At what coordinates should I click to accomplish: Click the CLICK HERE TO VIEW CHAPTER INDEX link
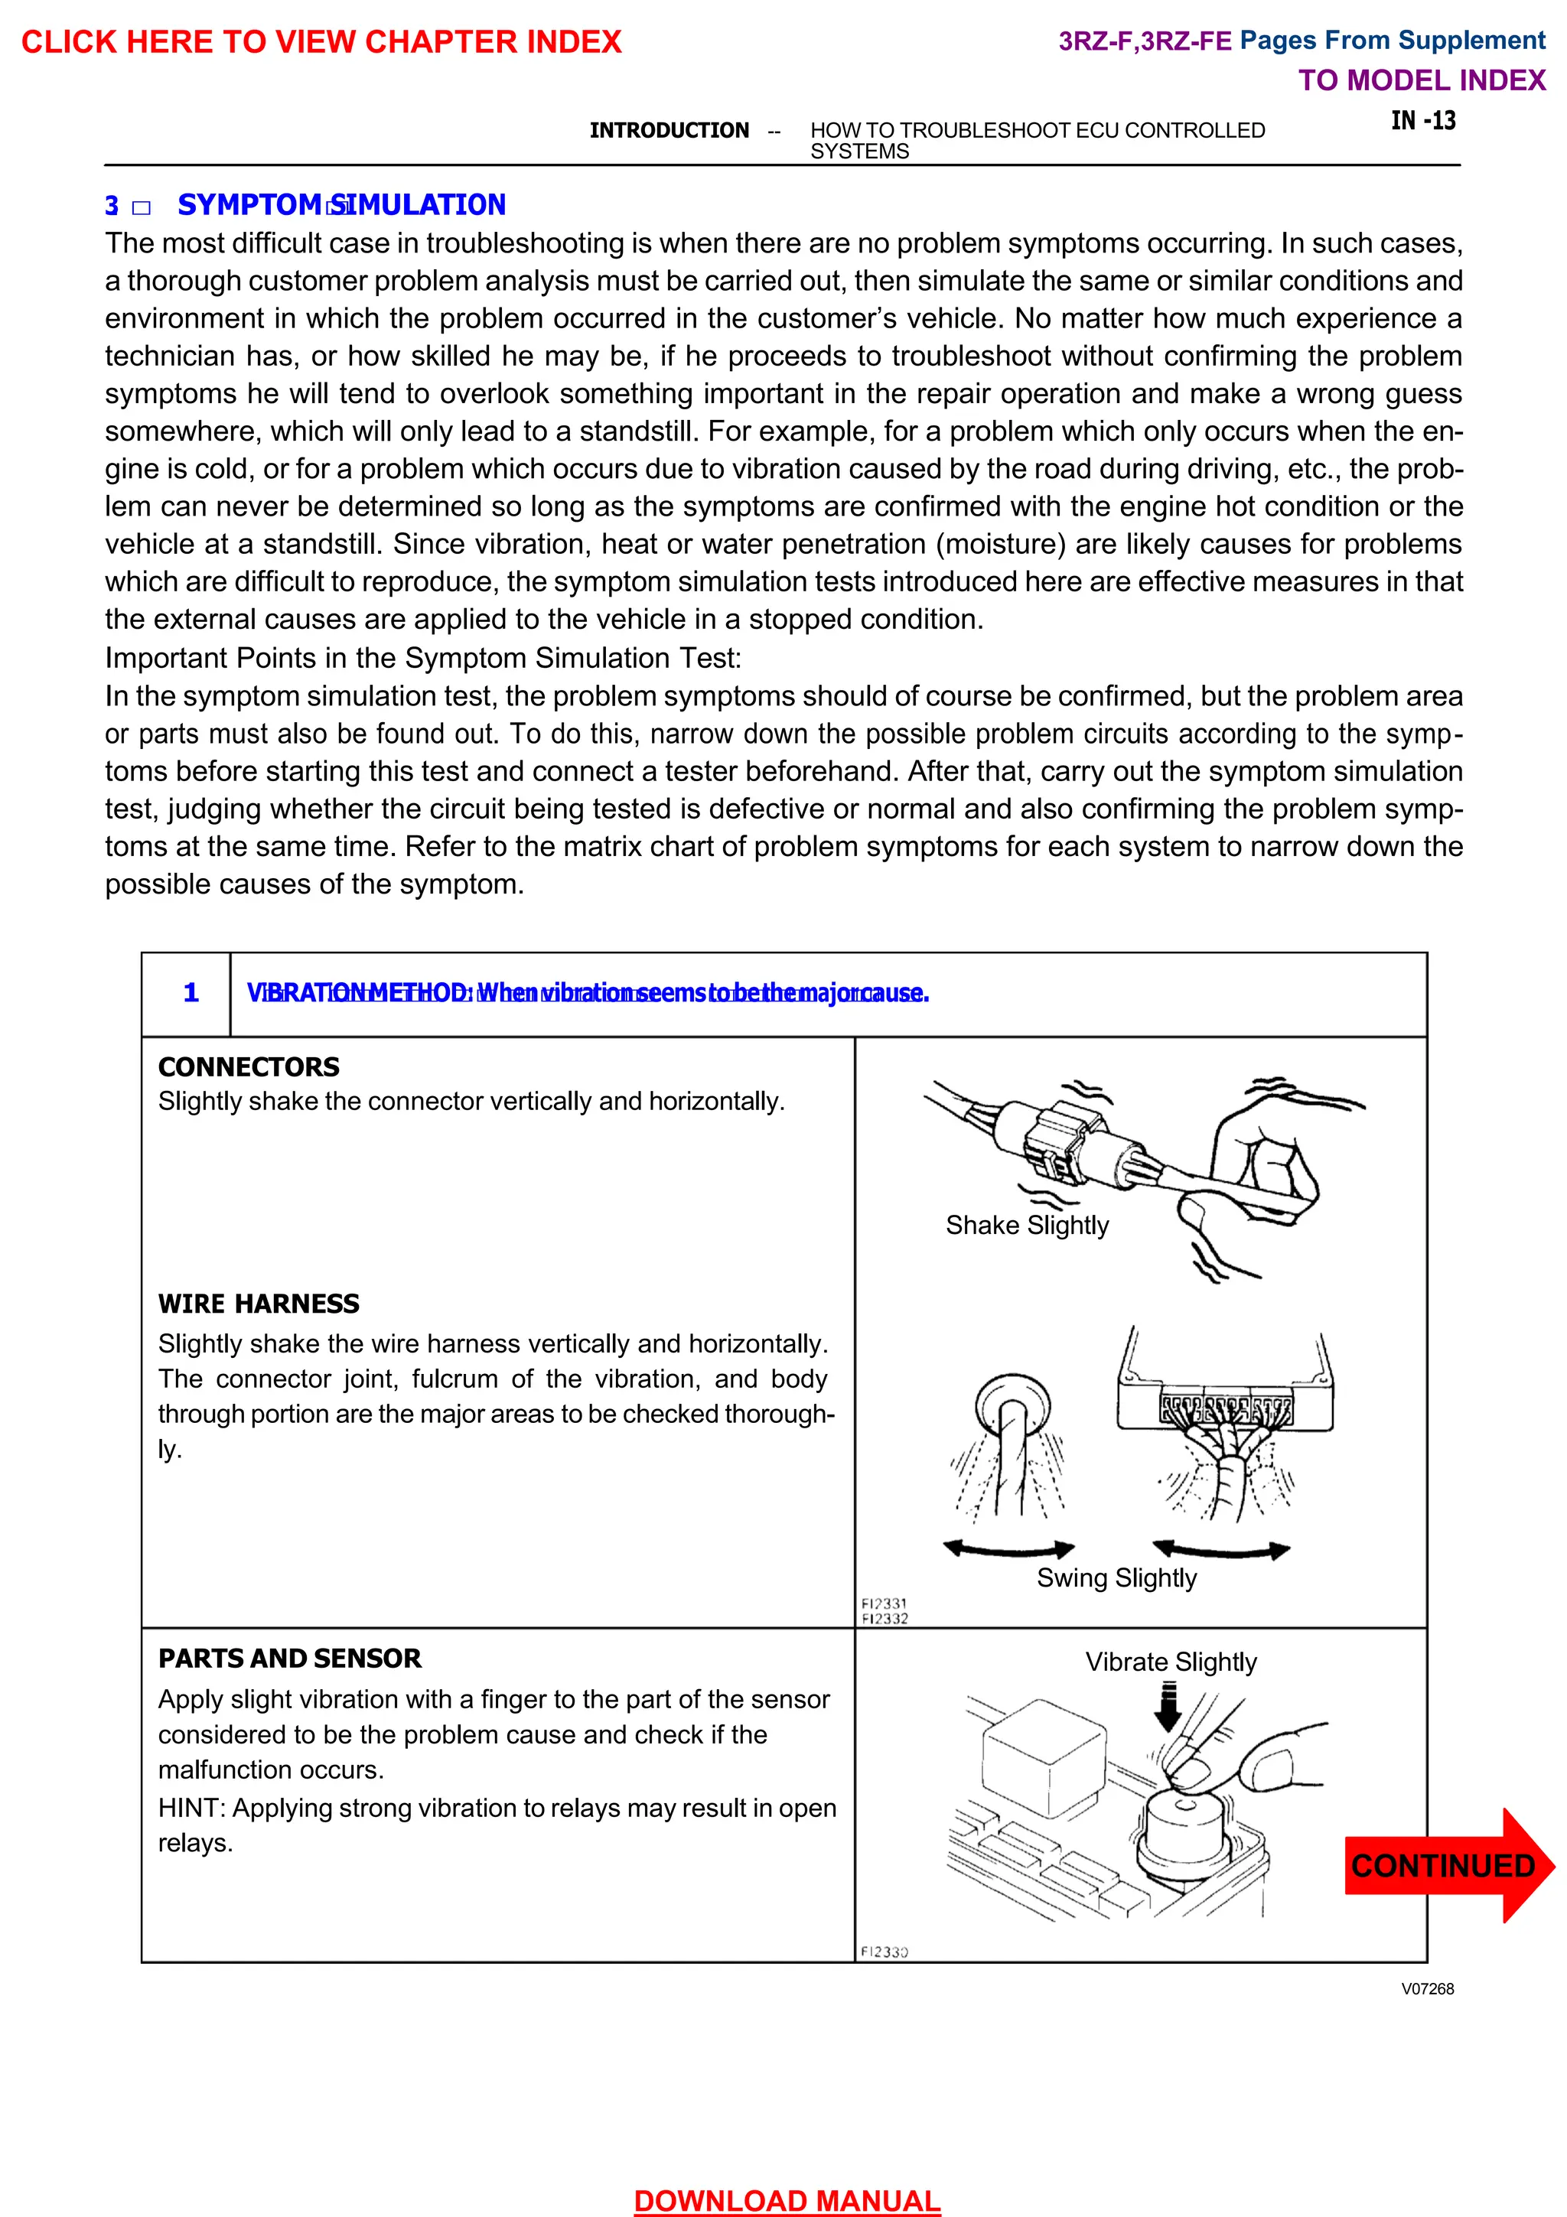321,41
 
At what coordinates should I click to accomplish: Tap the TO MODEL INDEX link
1421,80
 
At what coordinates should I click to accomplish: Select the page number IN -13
1422,121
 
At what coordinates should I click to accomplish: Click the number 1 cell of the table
191,993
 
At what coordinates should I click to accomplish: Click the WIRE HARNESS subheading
258,1304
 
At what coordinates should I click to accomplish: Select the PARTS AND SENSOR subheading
290,1658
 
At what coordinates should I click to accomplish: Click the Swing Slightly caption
1116,1577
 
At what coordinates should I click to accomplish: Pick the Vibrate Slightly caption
1170,1661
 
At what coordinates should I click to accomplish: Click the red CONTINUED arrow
1445,1864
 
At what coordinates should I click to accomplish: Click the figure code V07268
1427,1988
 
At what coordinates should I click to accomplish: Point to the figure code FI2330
884,1952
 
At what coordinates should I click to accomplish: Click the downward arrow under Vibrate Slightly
1168,1708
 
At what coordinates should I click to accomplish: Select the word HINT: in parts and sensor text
191,1808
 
